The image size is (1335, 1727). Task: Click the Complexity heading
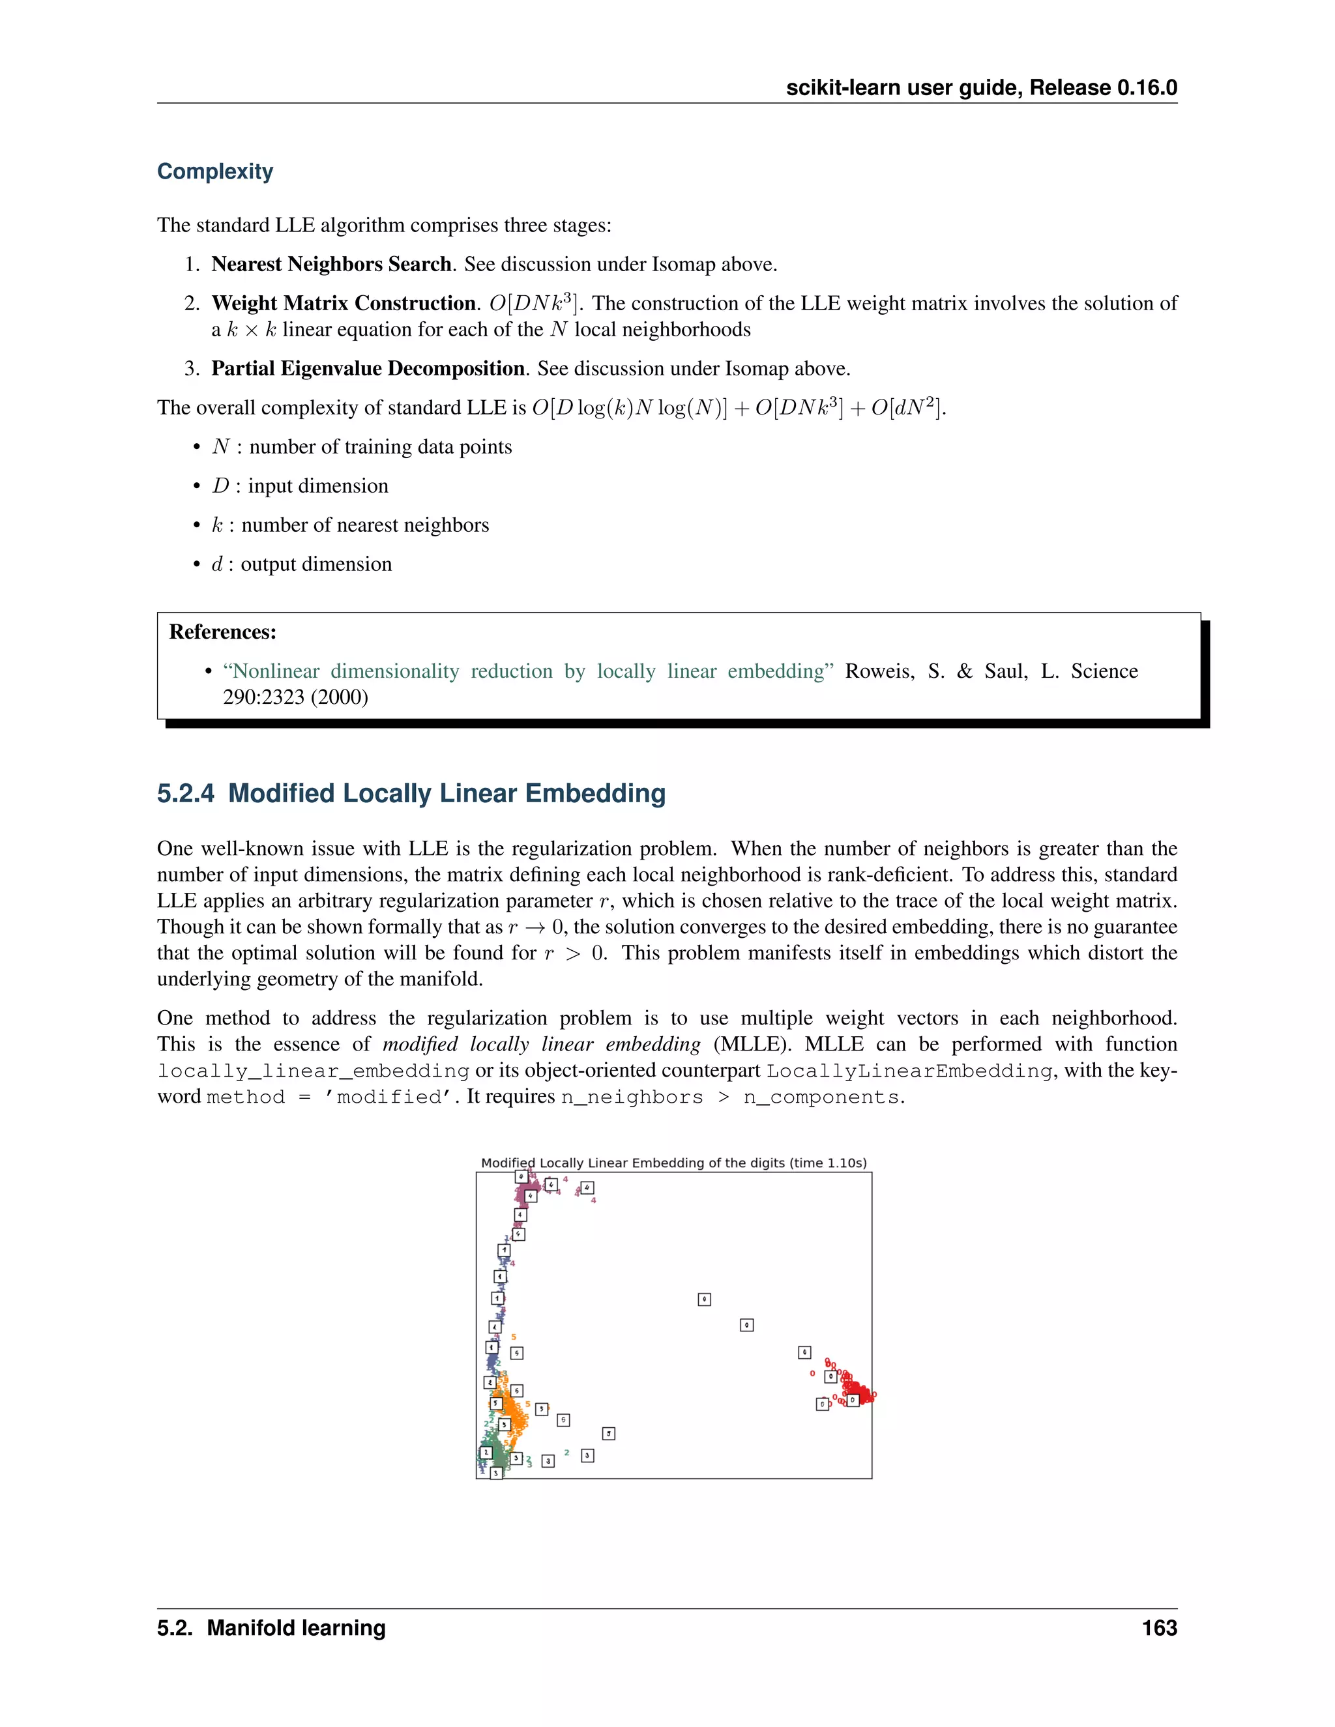pos(214,171)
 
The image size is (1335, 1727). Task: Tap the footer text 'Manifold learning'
pos(296,1628)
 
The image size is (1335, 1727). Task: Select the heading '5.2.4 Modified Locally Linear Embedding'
pos(411,793)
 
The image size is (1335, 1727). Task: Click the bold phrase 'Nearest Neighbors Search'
pos(330,264)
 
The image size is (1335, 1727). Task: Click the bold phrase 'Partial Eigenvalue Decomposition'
pos(368,368)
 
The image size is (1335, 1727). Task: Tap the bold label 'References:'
pos(222,631)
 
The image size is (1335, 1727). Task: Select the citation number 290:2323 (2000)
pos(295,697)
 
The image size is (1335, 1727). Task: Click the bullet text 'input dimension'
pos(317,486)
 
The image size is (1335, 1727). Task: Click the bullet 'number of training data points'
pos(379,447)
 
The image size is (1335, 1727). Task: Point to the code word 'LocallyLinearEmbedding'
pos(909,1071)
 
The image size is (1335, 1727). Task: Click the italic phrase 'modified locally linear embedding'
pos(541,1045)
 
